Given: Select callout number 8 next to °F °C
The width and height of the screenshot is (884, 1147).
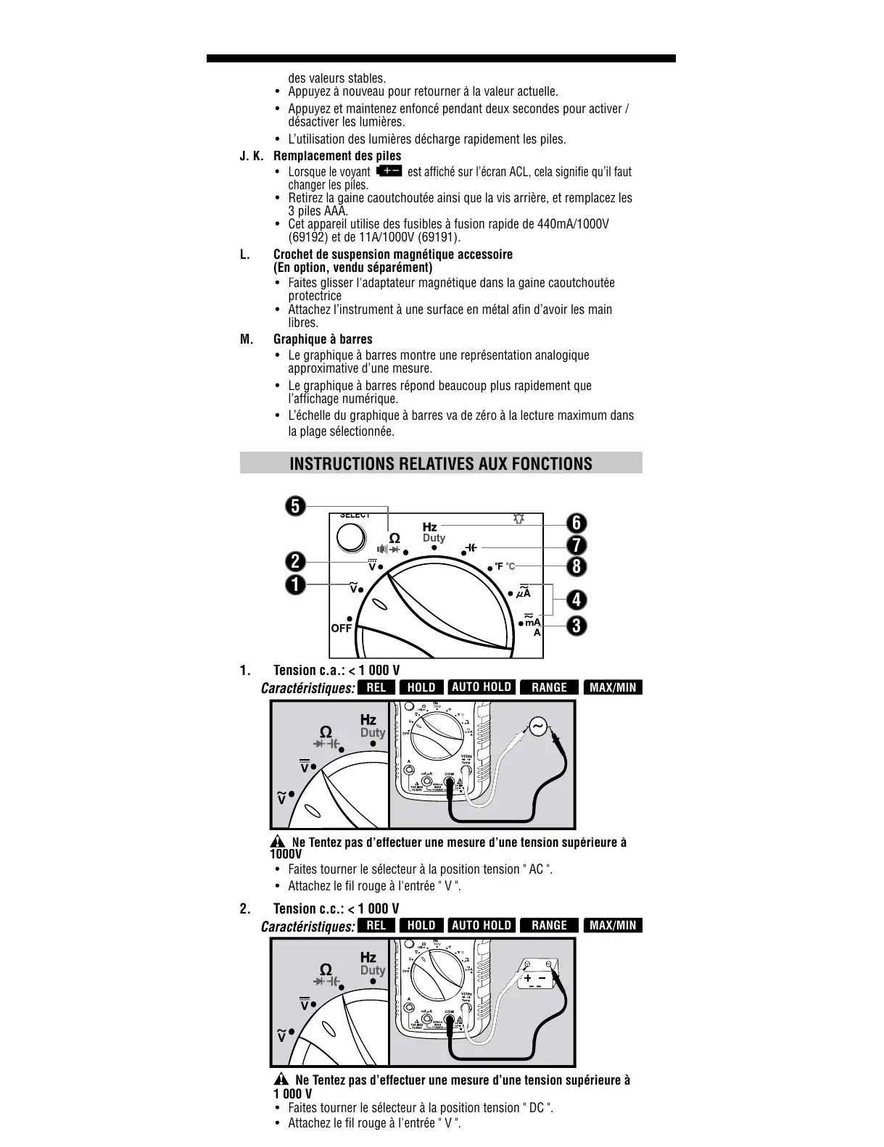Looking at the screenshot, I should point(577,566).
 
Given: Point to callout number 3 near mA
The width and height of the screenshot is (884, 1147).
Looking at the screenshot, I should point(577,625).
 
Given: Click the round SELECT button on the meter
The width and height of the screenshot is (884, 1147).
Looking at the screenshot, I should point(351,538).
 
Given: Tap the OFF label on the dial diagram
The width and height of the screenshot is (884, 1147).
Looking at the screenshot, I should point(341,629).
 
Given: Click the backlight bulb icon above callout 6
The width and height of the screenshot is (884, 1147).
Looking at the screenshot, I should point(518,518).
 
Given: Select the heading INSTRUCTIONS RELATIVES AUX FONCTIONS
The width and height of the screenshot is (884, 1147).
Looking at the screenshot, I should point(441,464).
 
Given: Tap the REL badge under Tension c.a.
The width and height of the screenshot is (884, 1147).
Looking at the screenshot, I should point(376,687).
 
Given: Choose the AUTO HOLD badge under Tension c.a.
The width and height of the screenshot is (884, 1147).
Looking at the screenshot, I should point(482,687).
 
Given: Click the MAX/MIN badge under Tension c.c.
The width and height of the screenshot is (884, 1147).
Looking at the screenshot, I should point(613,925).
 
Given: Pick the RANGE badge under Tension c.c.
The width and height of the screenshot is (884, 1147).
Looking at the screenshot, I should point(549,925).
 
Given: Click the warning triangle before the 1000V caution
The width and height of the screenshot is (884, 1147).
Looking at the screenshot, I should point(276,842).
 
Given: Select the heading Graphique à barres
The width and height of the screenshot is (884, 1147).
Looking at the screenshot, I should point(323,339).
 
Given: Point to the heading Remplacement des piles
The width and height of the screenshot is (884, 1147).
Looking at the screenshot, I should point(337,156).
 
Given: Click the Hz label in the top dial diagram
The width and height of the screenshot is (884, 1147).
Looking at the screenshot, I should point(430,527).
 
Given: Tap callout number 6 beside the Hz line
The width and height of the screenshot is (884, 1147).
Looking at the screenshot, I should point(577,523).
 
